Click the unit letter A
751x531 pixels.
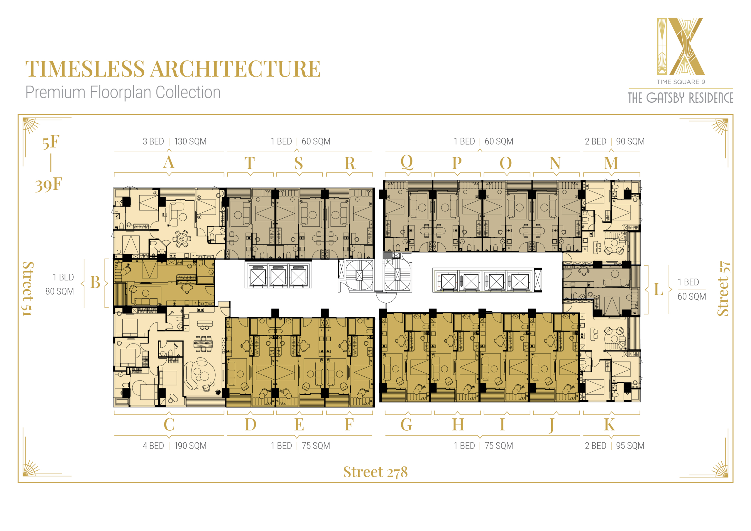(169, 162)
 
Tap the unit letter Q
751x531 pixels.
(407, 162)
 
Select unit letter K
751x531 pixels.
(609, 425)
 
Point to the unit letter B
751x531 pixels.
(95, 282)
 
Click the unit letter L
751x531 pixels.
(658, 289)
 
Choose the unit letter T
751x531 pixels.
(250, 163)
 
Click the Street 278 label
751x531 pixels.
(375, 472)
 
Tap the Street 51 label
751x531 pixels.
(28, 289)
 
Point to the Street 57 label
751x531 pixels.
(723, 289)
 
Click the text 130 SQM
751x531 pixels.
(190, 141)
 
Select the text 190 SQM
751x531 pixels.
(190, 446)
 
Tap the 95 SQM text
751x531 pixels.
(630, 446)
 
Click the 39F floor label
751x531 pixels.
(49, 185)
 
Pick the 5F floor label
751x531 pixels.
(51, 142)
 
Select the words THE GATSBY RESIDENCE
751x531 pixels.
(680, 98)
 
